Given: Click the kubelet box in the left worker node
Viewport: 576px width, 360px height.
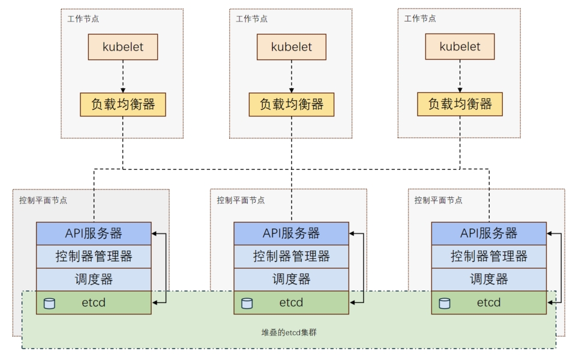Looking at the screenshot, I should (123, 47).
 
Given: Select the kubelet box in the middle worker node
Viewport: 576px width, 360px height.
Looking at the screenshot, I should (292, 47).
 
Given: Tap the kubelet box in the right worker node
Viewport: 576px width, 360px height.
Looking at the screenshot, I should (460, 47).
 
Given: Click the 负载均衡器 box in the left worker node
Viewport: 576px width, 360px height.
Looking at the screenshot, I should (123, 104).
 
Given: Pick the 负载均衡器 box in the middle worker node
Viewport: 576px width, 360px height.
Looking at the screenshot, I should (292, 104).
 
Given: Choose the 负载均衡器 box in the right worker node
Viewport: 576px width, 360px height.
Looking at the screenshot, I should (460, 104).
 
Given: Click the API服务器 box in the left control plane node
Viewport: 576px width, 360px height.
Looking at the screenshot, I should (94, 233).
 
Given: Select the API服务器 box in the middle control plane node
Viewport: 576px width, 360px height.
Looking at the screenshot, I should (291, 233).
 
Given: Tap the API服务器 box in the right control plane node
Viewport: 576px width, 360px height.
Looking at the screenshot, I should (489, 233).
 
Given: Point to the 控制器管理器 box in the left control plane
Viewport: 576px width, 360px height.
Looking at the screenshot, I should (94, 256).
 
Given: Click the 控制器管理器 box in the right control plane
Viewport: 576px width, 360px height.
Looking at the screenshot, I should (489, 256).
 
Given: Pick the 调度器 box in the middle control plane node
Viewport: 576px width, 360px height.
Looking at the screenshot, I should (291, 279).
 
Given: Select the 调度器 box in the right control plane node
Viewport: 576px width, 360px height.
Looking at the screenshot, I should (489, 279).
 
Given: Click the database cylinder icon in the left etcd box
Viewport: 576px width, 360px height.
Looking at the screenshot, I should (49, 303).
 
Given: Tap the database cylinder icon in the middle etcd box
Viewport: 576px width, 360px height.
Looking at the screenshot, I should (247, 303).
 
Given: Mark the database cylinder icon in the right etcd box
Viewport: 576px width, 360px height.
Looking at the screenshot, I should (445, 303).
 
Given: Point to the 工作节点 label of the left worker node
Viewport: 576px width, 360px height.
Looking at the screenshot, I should (83, 19).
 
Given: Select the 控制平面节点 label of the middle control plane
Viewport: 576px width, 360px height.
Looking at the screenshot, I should (241, 200).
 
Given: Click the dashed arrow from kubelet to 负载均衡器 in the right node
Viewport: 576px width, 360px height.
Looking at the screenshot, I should (460, 76).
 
